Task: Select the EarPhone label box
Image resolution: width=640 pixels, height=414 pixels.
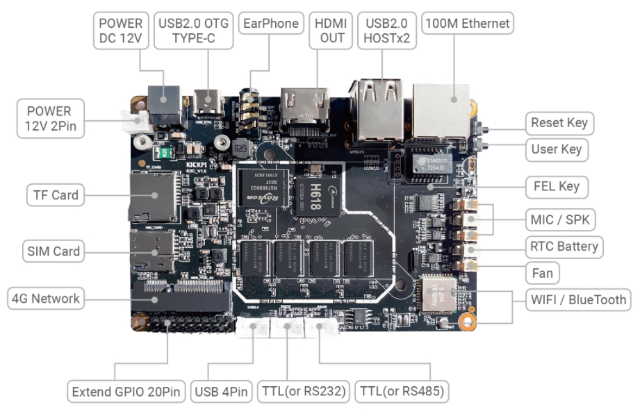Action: (271, 24)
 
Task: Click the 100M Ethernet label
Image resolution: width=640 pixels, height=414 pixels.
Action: (466, 24)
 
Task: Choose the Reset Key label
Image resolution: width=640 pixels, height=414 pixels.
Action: (559, 123)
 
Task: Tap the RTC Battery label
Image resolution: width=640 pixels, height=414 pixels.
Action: (564, 246)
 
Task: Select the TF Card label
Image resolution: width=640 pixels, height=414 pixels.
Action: (56, 194)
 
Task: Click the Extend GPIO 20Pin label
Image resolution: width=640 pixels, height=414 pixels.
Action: (126, 392)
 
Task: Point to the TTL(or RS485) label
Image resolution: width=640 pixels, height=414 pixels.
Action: (401, 392)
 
